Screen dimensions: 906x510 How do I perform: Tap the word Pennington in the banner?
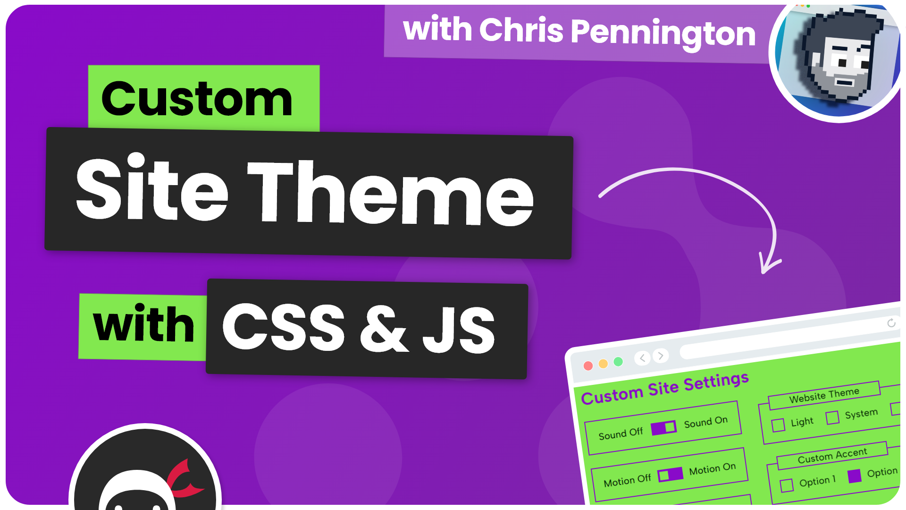663,33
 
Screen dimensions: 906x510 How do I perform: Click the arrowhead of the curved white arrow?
768,264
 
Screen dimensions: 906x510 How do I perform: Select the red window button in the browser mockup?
588,366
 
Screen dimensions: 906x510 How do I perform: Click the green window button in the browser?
618,362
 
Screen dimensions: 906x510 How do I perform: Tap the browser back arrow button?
642,358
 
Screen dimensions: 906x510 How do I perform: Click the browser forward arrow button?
661,355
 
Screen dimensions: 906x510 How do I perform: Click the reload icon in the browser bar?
891,323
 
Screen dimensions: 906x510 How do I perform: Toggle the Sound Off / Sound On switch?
663,428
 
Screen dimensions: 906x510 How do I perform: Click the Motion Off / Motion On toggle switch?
671,474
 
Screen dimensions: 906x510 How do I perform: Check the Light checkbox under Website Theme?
778,425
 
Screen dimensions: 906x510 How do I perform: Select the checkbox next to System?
832,417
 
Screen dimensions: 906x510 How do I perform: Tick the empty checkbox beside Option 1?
787,485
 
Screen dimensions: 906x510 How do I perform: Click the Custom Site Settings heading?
665,389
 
